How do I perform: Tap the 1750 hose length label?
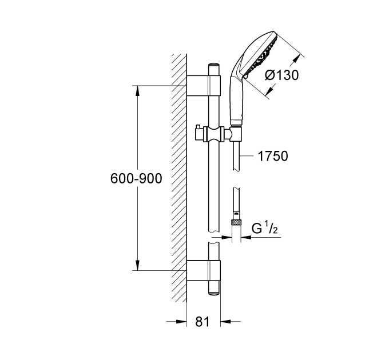coord(272,156)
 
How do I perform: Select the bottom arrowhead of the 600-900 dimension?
coord(138,266)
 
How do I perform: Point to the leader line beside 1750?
coord(247,155)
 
